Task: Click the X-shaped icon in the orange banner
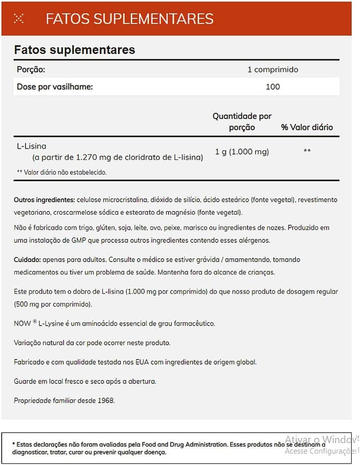(x=19, y=18)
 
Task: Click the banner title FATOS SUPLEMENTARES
(x=130, y=19)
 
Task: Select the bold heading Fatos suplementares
(x=74, y=50)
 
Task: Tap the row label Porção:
(x=31, y=69)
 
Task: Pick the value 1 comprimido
(x=273, y=69)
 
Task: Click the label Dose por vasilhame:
(x=54, y=87)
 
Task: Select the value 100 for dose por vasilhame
(x=273, y=87)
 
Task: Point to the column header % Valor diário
(x=307, y=127)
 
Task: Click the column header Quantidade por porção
(x=242, y=122)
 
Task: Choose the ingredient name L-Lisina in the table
(x=31, y=146)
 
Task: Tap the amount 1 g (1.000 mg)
(x=242, y=152)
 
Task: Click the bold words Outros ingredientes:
(x=44, y=200)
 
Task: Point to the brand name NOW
(x=22, y=324)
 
